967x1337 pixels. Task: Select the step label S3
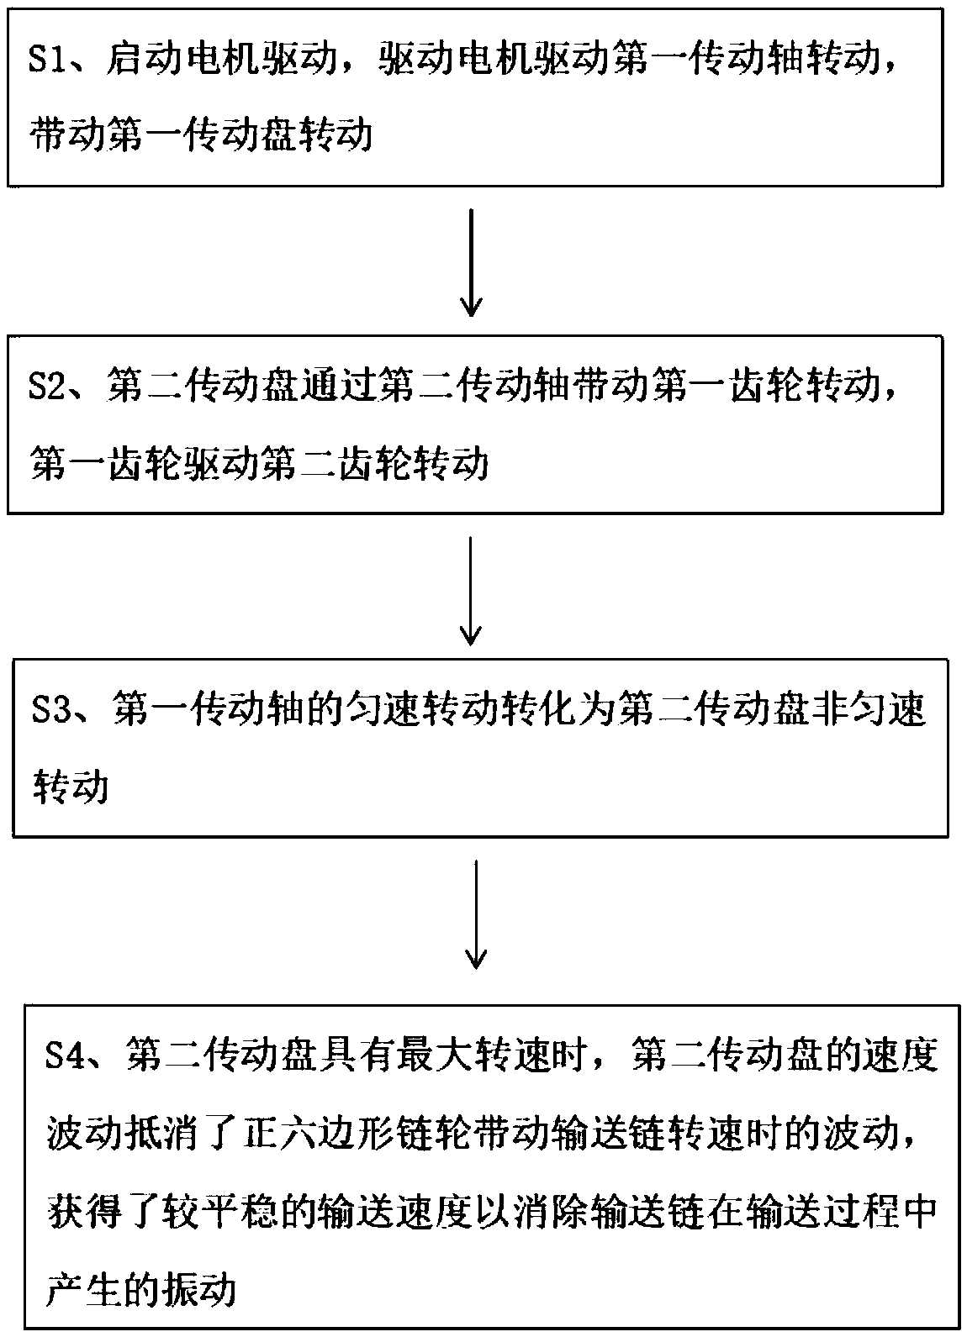coord(51,710)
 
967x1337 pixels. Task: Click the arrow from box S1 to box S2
coord(471,263)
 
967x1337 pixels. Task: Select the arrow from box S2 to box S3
coord(471,591)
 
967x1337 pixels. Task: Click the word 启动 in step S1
coord(144,61)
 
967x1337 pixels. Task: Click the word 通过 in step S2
coord(339,387)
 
